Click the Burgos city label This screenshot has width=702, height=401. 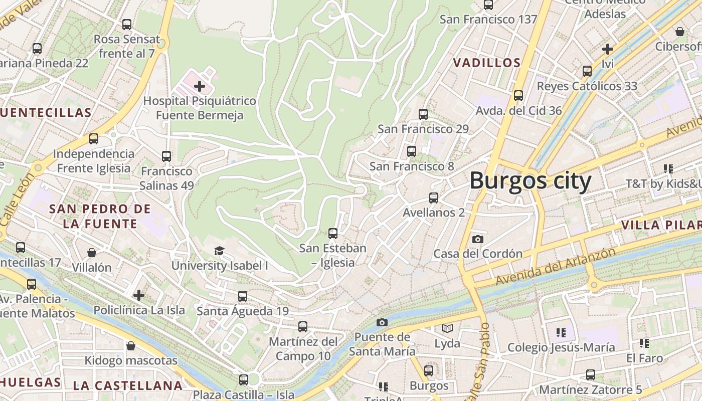pos(531,180)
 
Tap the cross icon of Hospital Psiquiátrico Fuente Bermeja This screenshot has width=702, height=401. pos(200,86)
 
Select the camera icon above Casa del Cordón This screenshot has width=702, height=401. pos(478,239)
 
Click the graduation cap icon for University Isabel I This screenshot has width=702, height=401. pos(219,251)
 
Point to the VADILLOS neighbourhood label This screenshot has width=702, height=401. pos(487,63)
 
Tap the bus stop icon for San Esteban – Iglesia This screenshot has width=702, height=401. pos(333,233)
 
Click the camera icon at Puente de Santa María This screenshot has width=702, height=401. pos(382,322)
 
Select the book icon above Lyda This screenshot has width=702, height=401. pos(447,329)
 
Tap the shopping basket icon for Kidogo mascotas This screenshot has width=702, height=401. pos(131,346)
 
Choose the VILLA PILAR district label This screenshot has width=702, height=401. pos(661,225)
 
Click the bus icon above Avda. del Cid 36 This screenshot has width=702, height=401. pos(518,95)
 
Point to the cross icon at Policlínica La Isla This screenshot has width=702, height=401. pos(139,295)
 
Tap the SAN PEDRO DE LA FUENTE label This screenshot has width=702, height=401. pos(100,216)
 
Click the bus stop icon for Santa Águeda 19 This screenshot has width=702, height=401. pos(243,296)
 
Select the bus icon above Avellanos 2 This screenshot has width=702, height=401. pos(434,197)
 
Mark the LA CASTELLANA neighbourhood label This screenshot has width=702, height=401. pos(128,385)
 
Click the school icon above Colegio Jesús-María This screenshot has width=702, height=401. pos(561,332)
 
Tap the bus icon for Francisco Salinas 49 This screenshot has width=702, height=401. pos(166,156)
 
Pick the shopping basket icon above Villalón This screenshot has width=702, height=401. pos(92,252)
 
